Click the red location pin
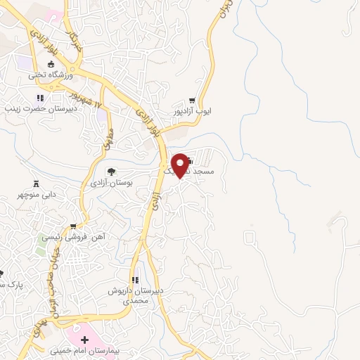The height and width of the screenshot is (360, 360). pyautogui.click(x=182, y=165)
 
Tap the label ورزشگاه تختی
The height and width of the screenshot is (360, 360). pyautogui.click(x=48, y=74)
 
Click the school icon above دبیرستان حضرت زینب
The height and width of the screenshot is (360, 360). pyautogui.click(x=40, y=98)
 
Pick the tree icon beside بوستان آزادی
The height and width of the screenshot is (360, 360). pyautogui.click(x=110, y=171)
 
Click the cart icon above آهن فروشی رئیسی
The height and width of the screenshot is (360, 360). pyautogui.click(x=73, y=227)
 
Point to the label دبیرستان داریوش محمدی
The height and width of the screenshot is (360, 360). pyautogui.click(x=138, y=295)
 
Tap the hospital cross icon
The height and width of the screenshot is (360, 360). pyautogui.click(x=85, y=339)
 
